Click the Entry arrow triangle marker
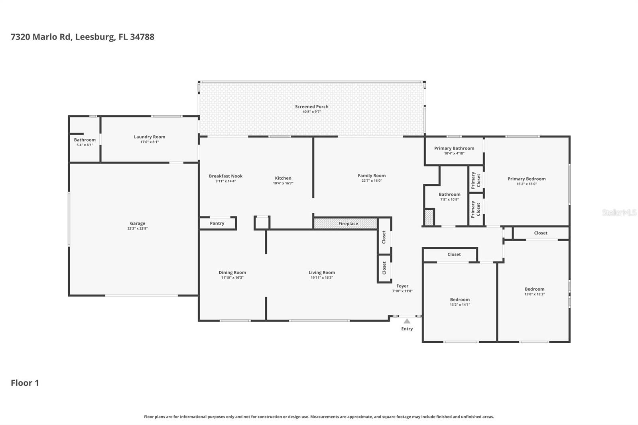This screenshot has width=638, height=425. coord(407,321)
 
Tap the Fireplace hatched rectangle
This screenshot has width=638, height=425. coord(345,224)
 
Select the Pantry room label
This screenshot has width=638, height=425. coord(217,223)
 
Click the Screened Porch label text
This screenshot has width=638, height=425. coord(311,106)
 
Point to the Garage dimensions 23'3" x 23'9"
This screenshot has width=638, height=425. coord(138,228)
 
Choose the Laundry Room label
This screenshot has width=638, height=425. coord(150,137)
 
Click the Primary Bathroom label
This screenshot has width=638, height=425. coord(454,148)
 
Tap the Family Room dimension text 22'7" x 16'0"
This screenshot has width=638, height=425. coord(372,181)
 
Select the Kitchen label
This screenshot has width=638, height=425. coord(283,178)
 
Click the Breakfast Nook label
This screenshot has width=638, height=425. coord(226,176)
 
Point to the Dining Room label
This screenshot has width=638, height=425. coord(232,273)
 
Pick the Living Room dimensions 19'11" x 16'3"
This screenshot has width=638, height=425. coord(322,278)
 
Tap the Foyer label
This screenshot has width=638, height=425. coord(402,286)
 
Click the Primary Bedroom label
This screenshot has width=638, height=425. coord(527,179)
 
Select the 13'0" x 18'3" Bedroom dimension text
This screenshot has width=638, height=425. coord(535,294)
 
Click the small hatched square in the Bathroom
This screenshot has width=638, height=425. coord(429,217)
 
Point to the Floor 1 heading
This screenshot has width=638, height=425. coord(25,383)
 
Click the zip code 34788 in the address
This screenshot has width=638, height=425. coord(142,37)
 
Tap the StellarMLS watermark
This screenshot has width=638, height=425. coord(619,212)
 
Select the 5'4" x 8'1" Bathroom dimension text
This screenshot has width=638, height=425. coord(85,145)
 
